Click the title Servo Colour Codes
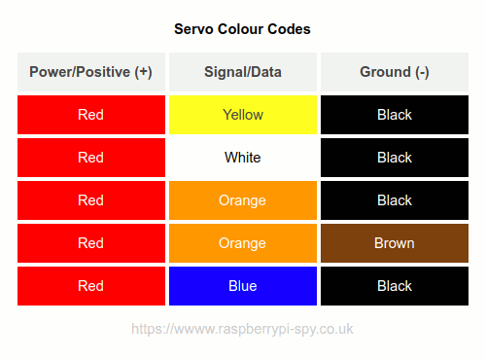click(242, 29)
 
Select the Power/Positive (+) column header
click(90, 72)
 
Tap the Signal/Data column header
click(242, 72)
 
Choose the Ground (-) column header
click(394, 72)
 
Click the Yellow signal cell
click(242, 115)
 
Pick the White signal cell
click(242, 158)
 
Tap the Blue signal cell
click(242, 286)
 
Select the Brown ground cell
click(394, 243)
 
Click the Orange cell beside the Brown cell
click(242, 243)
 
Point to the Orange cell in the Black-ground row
click(242, 200)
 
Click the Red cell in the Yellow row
click(90, 115)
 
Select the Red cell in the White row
click(90, 158)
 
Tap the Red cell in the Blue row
click(90, 286)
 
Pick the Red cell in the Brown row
click(90, 243)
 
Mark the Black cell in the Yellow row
click(394, 115)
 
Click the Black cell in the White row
click(394, 158)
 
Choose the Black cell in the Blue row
click(394, 286)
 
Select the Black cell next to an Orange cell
click(394, 200)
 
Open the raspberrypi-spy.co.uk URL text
click(242, 330)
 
